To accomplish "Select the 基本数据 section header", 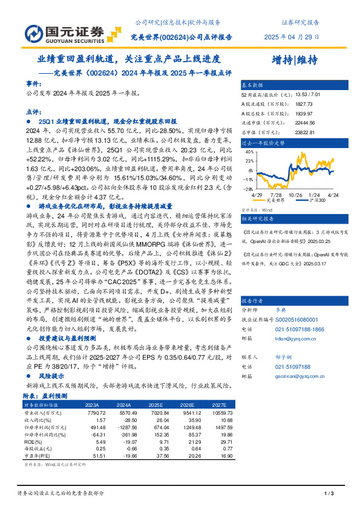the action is click(252, 85).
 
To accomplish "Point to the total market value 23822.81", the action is click(306, 132).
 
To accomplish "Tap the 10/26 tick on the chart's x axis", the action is click(295, 195).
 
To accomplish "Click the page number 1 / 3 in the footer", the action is click(329, 494).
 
